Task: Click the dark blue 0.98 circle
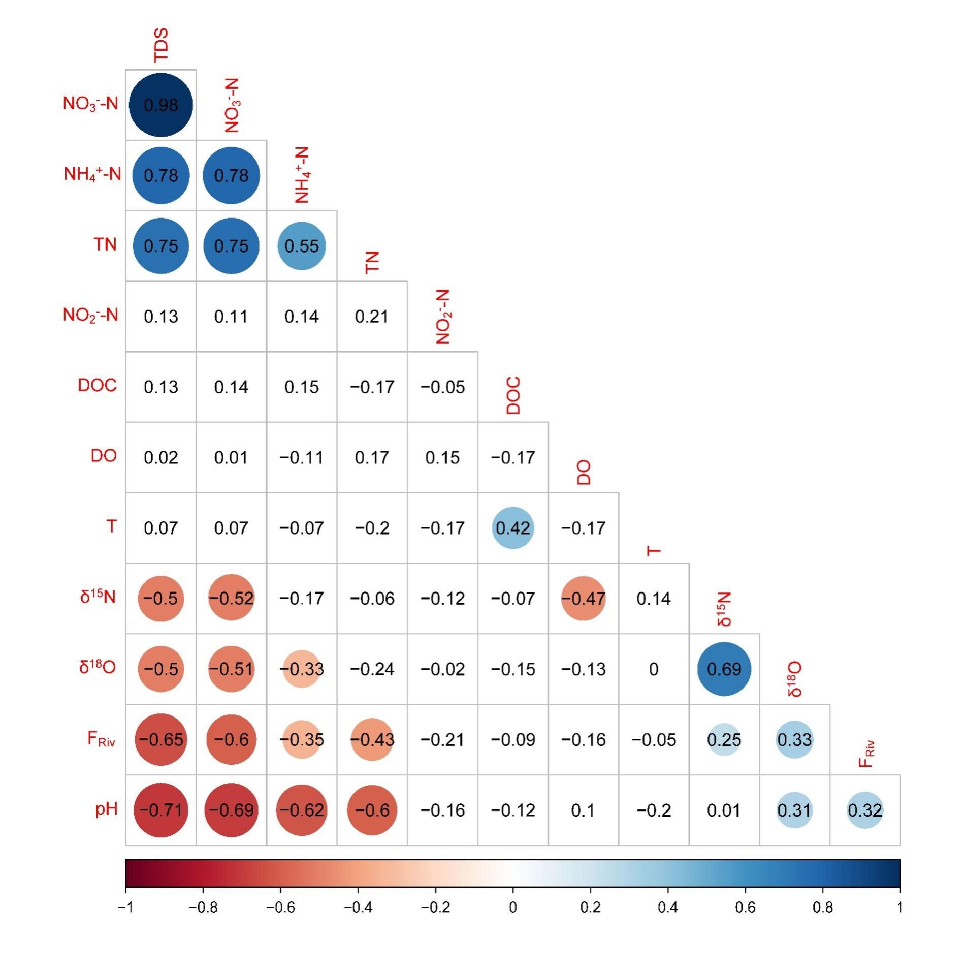click(x=160, y=105)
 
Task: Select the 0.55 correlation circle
click(x=302, y=246)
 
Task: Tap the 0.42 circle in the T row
click(x=513, y=528)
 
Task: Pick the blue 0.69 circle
click(x=724, y=669)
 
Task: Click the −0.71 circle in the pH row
click(x=160, y=810)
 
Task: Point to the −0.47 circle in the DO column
click(x=583, y=599)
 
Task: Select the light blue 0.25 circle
click(x=724, y=739)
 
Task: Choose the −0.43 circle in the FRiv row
click(x=372, y=739)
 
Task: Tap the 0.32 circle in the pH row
click(x=865, y=810)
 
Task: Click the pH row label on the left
click(x=107, y=808)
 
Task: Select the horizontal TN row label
click(x=105, y=244)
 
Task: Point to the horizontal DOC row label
click(x=97, y=385)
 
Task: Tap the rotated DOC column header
click(x=513, y=395)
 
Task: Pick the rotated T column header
click(x=654, y=551)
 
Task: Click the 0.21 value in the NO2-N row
click(x=372, y=317)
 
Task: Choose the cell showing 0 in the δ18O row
click(x=654, y=669)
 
